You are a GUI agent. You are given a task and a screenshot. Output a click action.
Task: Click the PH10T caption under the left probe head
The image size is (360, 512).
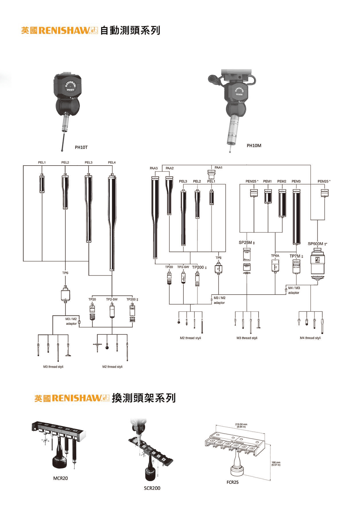coord(81,147)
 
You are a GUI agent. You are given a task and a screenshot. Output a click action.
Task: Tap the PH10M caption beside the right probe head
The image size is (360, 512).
coord(254,145)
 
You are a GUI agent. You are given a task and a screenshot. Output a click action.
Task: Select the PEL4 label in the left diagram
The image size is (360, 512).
coord(112,162)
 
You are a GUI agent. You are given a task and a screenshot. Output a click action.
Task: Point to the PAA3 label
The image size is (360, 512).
coord(154,168)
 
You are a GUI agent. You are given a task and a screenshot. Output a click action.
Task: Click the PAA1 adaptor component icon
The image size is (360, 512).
coord(211,174)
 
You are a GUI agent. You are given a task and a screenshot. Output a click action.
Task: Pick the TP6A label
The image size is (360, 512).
coord(275,255)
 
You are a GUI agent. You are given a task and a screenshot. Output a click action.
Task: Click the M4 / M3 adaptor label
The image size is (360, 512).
coord(294,290)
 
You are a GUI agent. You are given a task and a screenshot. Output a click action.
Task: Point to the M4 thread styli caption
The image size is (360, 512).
coord(310,338)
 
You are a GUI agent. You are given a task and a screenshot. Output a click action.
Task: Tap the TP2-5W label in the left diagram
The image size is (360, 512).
coord(112,299)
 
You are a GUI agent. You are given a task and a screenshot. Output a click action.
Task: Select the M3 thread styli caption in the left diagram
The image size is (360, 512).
coord(53,367)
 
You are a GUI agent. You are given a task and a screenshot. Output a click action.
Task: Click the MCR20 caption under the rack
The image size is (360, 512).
coord(60,478)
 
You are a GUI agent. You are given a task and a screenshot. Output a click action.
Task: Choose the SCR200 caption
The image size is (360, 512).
coord(152,488)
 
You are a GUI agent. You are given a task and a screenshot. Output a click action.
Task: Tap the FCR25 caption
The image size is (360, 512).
coord(232,482)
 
